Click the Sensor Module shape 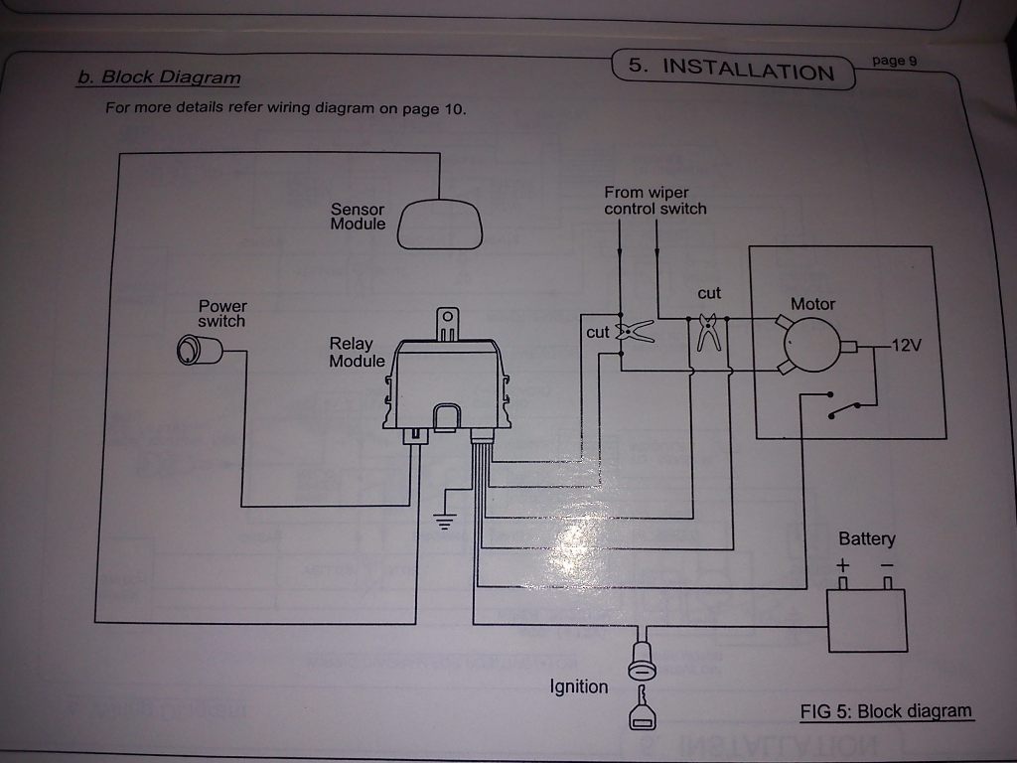(440, 225)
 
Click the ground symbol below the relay (444, 522)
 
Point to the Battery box (867, 621)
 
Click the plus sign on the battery (842, 566)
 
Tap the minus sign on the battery (886, 566)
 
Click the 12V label (906, 347)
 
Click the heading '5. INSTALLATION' (733, 69)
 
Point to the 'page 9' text (894, 61)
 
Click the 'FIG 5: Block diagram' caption (886, 711)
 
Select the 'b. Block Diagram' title (159, 76)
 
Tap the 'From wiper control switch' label (655, 201)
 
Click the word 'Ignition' (579, 687)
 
